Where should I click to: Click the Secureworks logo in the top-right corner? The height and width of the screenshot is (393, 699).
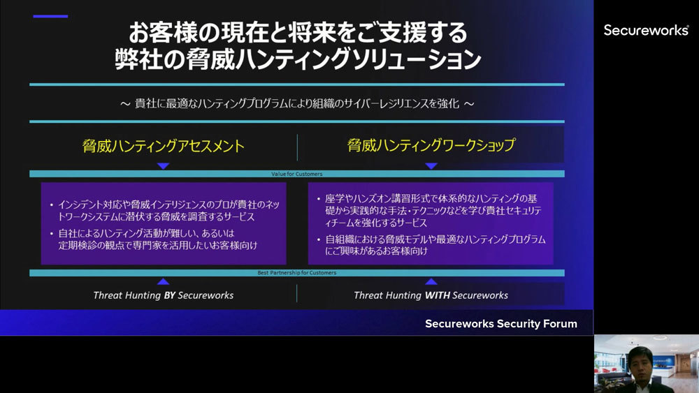[x=646, y=30]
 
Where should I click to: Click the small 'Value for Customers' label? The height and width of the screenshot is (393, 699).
[x=296, y=174]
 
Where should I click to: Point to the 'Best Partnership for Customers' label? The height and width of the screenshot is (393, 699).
[x=297, y=273]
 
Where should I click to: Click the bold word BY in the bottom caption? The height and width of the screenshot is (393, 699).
[x=169, y=295]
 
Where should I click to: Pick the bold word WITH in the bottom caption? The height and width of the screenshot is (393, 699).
[x=438, y=295]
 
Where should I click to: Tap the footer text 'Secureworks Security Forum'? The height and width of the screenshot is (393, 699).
[x=501, y=324]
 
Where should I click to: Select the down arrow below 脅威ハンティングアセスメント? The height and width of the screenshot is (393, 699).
[x=164, y=166]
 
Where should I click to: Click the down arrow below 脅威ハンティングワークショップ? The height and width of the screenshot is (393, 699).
[x=431, y=166]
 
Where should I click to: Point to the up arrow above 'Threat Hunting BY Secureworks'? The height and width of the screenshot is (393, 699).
[x=164, y=281]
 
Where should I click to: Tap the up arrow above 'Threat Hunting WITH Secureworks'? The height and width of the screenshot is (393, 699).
[x=431, y=281]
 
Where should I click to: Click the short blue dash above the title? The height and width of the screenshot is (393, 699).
[x=51, y=16]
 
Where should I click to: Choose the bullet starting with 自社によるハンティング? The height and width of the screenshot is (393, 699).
[x=157, y=239]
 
